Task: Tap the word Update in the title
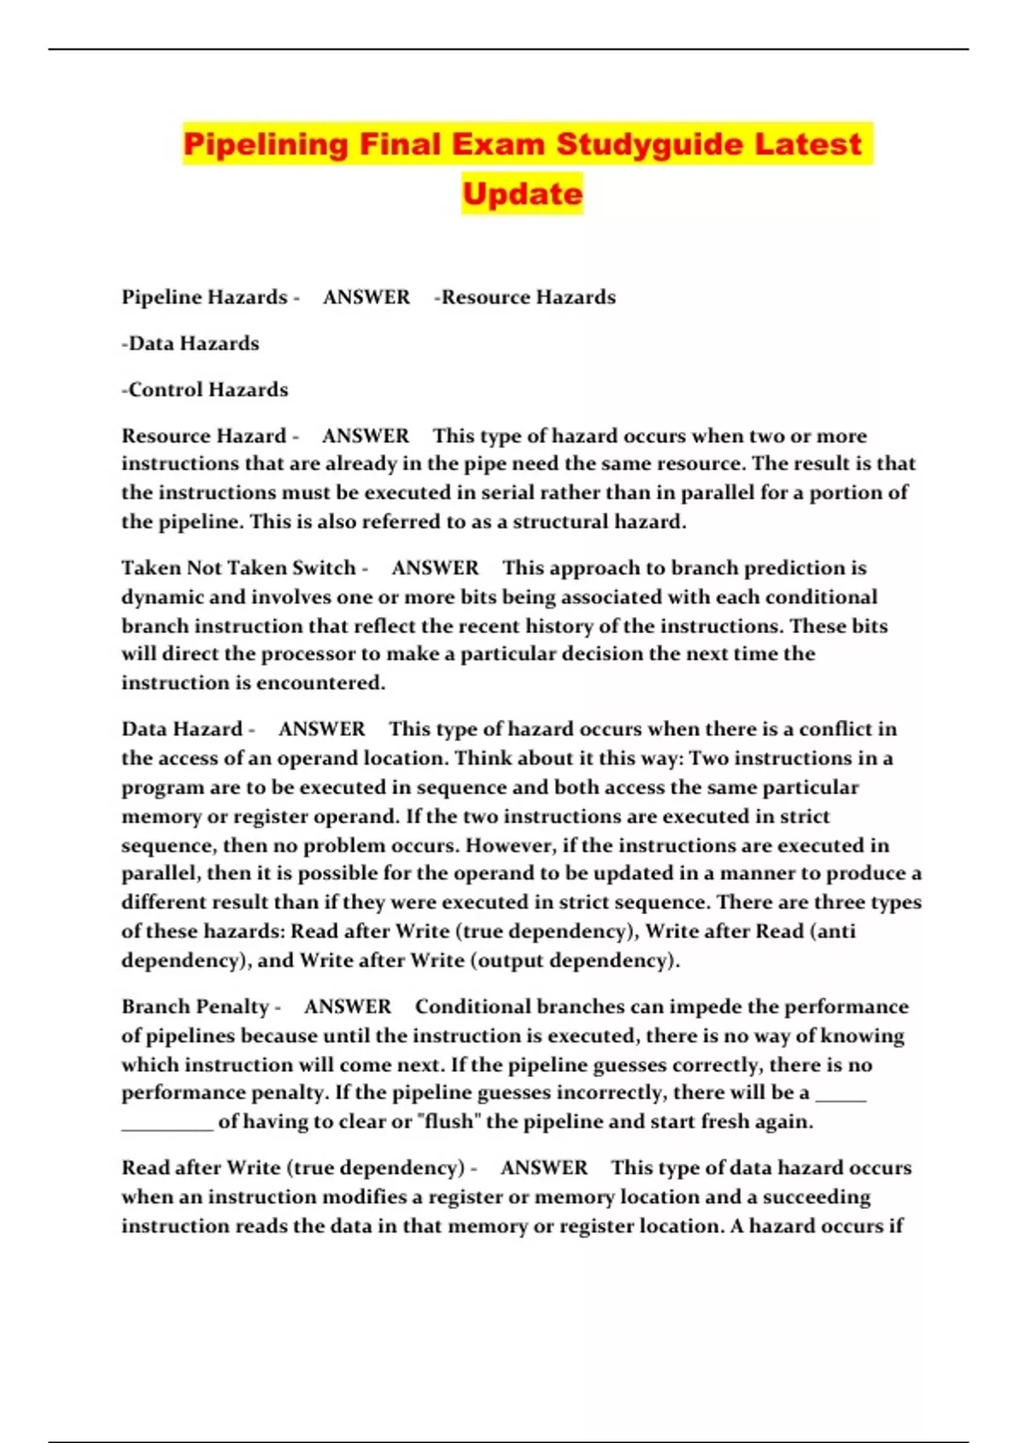[523, 194]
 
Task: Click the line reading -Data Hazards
[190, 344]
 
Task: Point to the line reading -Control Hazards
[204, 390]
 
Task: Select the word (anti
[833, 931]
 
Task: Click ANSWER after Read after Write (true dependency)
[544, 1168]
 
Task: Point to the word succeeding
[816, 1197]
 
